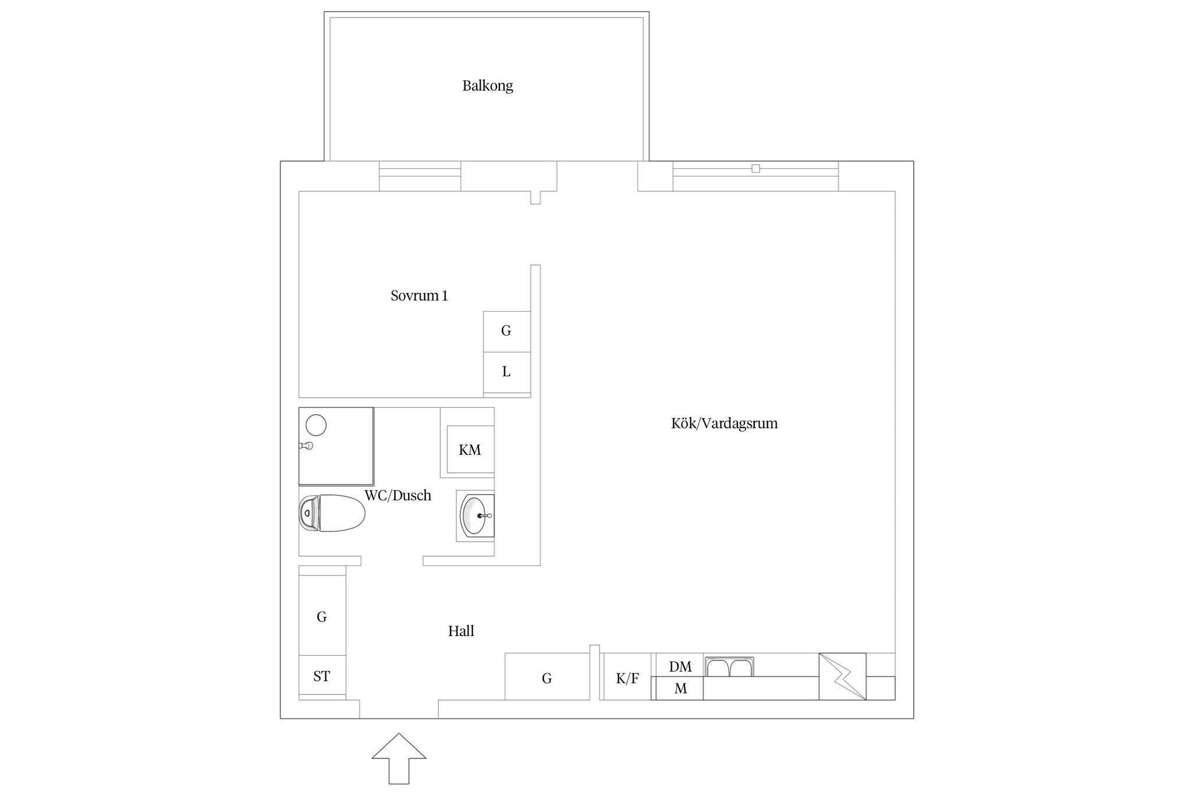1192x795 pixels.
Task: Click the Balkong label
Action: click(x=488, y=86)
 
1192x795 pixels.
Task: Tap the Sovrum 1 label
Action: click(x=419, y=296)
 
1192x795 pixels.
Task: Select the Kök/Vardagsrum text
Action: click(x=724, y=423)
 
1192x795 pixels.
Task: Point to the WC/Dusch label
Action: click(x=398, y=496)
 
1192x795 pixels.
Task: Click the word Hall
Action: click(x=461, y=631)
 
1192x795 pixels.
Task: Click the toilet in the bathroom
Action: click(x=332, y=513)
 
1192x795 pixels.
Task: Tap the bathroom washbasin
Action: click(x=476, y=515)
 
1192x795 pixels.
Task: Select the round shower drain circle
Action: click(x=316, y=425)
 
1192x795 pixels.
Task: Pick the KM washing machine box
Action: click(x=470, y=450)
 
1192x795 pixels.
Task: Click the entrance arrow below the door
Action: click(x=399, y=758)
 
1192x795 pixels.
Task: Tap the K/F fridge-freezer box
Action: click(x=627, y=677)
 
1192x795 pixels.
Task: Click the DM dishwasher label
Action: click(x=680, y=667)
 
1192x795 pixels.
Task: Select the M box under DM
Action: click(x=680, y=688)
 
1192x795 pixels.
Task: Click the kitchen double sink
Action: click(x=729, y=667)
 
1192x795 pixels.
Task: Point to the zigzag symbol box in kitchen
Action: click(x=842, y=677)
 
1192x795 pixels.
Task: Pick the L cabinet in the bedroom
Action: click(x=507, y=372)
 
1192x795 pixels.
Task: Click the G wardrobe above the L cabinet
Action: click(x=507, y=331)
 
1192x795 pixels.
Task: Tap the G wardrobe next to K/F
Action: click(x=547, y=677)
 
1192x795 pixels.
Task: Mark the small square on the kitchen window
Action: click(x=755, y=169)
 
